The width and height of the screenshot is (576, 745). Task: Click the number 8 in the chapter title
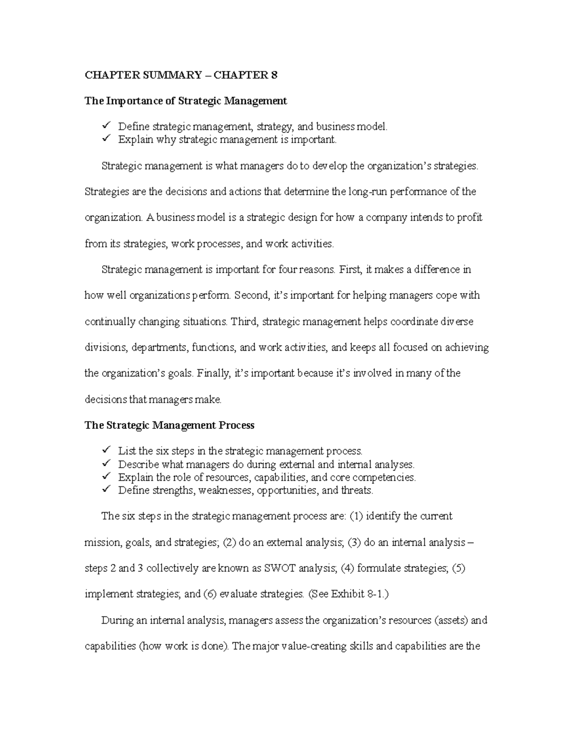[274, 75]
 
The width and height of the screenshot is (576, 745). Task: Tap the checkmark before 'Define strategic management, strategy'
[106, 126]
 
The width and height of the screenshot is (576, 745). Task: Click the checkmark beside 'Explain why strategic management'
[106, 139]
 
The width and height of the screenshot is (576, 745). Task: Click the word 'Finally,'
[214, 373]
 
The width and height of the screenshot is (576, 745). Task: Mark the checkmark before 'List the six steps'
[106, 450]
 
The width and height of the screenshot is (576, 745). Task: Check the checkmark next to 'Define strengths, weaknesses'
[106, 490]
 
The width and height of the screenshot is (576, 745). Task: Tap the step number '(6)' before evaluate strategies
[210, 594]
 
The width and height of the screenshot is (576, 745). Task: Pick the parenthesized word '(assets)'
[451, 620]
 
